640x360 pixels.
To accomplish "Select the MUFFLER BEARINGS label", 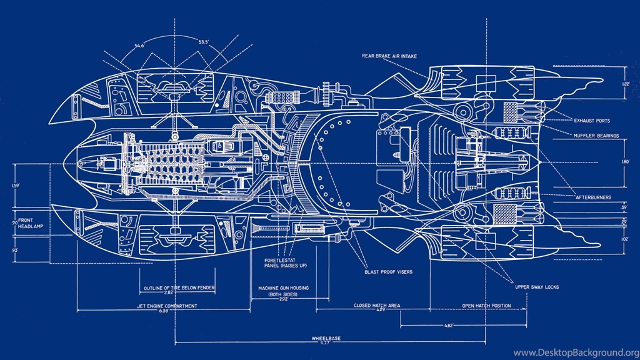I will pyautogui.click(x=596, y=135).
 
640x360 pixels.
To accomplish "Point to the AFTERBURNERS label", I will pyautogui.click(x=593, y=197).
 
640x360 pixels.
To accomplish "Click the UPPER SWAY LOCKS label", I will pyautogui.click(x=536, y=287).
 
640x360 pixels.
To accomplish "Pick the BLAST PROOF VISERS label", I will pyautogui.click(x=387, y=272).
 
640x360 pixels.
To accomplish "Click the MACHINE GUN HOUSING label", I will pyautogui.click(x=284, y=288).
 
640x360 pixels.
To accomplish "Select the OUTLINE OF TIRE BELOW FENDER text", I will pyautogui.click(x=179, y=288).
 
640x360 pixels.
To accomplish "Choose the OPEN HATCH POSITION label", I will pyautogui.click(x=486, y=306).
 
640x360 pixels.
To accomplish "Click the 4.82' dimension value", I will pyautogui.click(x=448, y=325).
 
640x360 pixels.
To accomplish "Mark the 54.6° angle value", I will pyautogui.click(x=139, y=45).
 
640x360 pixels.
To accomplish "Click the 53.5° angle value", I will pyautogui.click(x=204, y=42).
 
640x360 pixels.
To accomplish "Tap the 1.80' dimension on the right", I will pyautogui.click(x=626, y=162).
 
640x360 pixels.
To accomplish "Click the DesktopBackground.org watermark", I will pyautogui.click(x=575, y=352).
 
